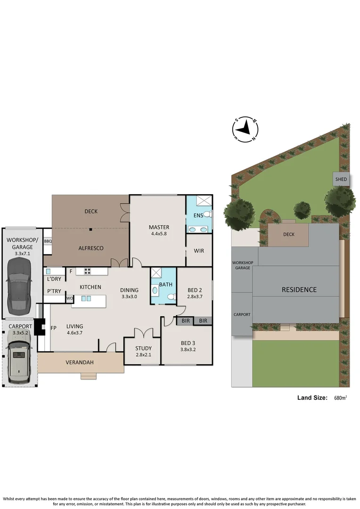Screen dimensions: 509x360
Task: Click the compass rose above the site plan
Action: point(245,129)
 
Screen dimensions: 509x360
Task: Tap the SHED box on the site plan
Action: point(341,179)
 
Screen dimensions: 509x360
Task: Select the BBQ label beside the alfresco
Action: point(48,241)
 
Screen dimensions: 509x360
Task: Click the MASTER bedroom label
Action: point(159,226)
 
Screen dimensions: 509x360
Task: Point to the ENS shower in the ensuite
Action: point(203,201)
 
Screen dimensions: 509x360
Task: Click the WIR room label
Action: point(199,251)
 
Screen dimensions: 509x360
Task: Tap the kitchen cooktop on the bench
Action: point(87,271)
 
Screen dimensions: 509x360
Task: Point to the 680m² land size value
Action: point(340,398)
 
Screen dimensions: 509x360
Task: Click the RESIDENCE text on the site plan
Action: point(299,289)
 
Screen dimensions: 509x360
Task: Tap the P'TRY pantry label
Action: point(54,291)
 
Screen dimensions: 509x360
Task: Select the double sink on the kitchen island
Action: point(86,298)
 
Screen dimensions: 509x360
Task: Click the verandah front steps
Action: point(88,376)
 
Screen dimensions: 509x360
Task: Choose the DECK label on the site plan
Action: point(289,234)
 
